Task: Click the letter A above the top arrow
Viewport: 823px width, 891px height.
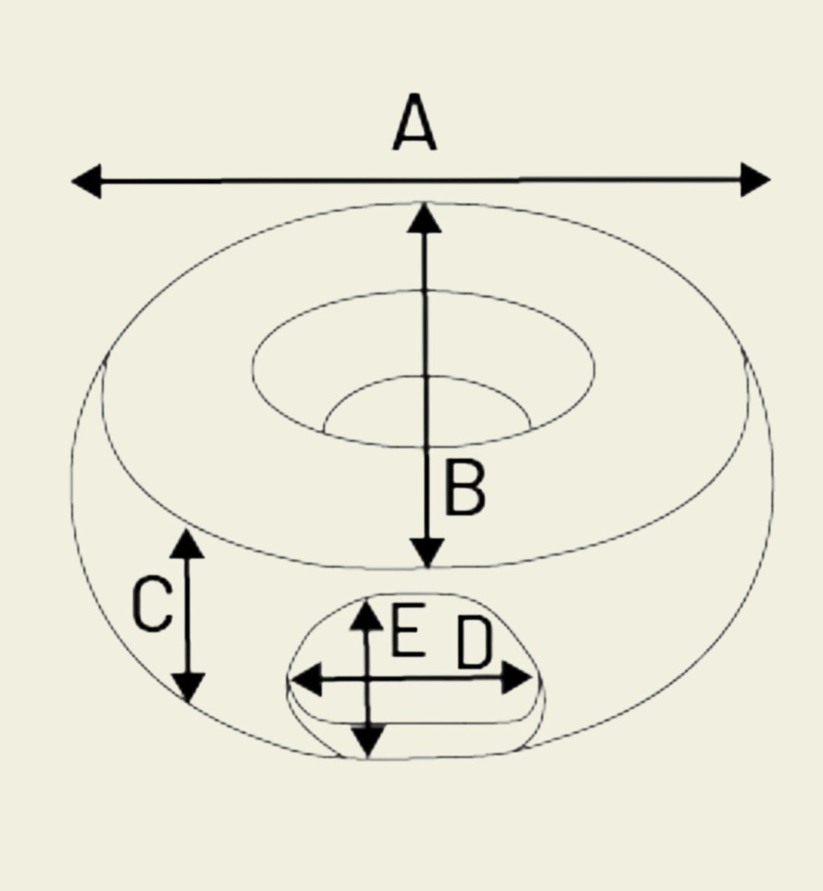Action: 414,122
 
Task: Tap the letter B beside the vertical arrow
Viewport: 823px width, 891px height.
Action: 465,488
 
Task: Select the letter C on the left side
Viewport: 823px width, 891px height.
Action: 152,605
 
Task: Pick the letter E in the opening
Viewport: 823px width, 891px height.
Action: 408,630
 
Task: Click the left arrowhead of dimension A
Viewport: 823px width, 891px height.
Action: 86,181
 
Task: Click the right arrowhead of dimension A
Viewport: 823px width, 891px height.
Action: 755,180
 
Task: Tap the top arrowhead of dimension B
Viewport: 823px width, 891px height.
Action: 424,218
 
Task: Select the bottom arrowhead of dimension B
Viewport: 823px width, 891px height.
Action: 427,553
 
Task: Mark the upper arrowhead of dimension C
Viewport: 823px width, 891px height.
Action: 187,544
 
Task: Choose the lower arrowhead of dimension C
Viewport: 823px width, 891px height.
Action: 189,688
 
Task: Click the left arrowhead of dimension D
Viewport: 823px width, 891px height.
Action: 307,680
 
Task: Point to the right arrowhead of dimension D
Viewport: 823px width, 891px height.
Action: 516,677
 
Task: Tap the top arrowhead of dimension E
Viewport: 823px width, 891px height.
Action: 367,615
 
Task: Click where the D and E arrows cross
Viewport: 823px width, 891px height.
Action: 368,679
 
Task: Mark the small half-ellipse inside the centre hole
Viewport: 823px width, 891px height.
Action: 427,376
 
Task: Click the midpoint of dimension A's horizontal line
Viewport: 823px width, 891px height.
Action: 421,180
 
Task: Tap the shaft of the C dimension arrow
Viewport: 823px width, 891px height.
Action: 188,615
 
